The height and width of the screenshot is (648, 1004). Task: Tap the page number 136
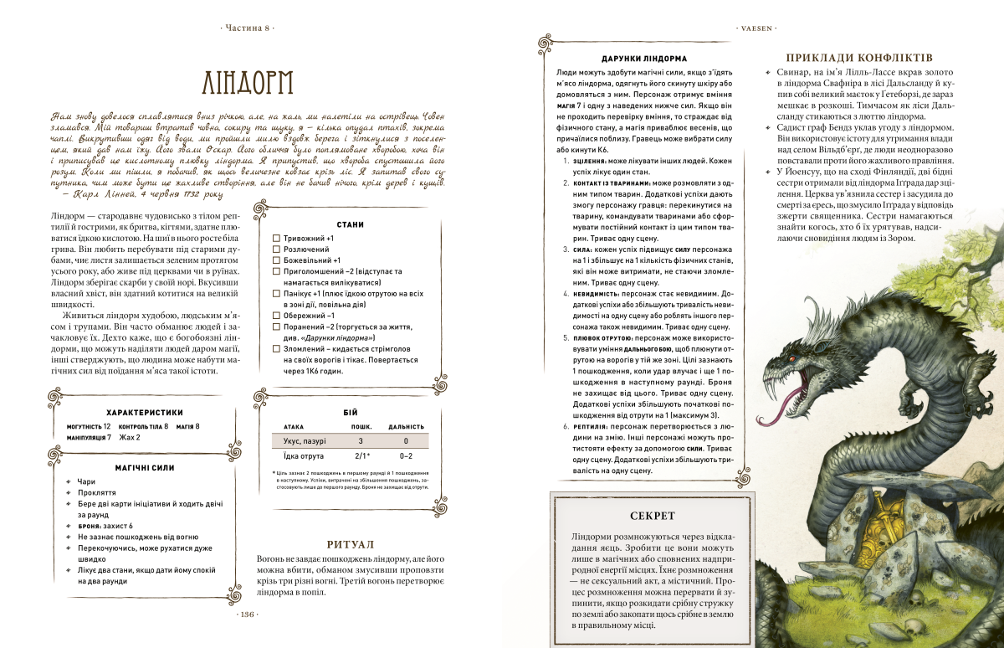246,615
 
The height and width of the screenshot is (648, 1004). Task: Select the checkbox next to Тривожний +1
276,239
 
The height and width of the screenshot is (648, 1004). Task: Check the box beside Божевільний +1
276,260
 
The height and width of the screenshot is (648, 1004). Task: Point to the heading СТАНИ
350,224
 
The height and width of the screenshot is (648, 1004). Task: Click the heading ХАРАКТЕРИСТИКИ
145,412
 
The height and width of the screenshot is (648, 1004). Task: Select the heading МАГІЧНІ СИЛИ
145,466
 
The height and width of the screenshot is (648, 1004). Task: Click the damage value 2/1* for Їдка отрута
361,456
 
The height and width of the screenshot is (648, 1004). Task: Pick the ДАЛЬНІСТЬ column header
405,426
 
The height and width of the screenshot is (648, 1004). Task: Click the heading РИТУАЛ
351,543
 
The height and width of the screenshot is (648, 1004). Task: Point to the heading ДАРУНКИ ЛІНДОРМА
643,59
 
